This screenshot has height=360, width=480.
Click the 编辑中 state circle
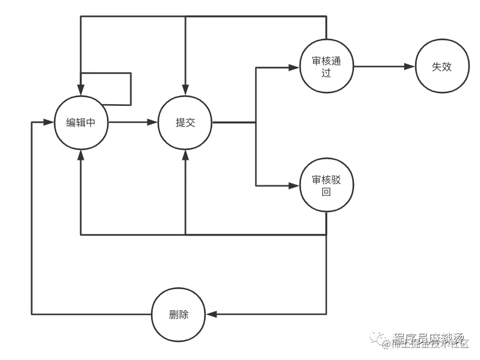click(81, 123)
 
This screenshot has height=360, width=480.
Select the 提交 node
click(185, 123)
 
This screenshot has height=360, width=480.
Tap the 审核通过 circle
click(326, 67)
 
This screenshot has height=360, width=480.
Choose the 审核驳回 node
click(326, 186)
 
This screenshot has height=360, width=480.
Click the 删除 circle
click(179, 314)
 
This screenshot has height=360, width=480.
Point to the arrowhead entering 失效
click(410, 67)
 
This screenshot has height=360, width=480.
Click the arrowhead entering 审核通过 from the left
click(294, 67)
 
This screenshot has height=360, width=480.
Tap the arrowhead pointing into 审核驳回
click(294, 186)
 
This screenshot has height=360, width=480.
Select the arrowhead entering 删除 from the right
click(212, 314)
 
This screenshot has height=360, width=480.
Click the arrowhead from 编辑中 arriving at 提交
click(153, 123)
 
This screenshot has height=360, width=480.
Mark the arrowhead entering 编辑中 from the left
click(49, 123)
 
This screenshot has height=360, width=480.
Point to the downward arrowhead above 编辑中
click(81, 91)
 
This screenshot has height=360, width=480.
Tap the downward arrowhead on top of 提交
click(185, 91)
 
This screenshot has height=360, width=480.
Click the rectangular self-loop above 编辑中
click(131, 87)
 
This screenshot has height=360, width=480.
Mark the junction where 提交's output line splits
click(256, 123)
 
